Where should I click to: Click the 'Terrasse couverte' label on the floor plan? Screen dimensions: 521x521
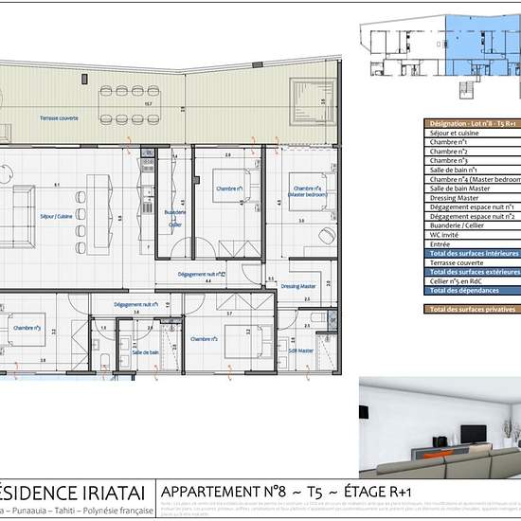coord(59,117)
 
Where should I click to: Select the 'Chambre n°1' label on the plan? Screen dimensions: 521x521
coord(228,189)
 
